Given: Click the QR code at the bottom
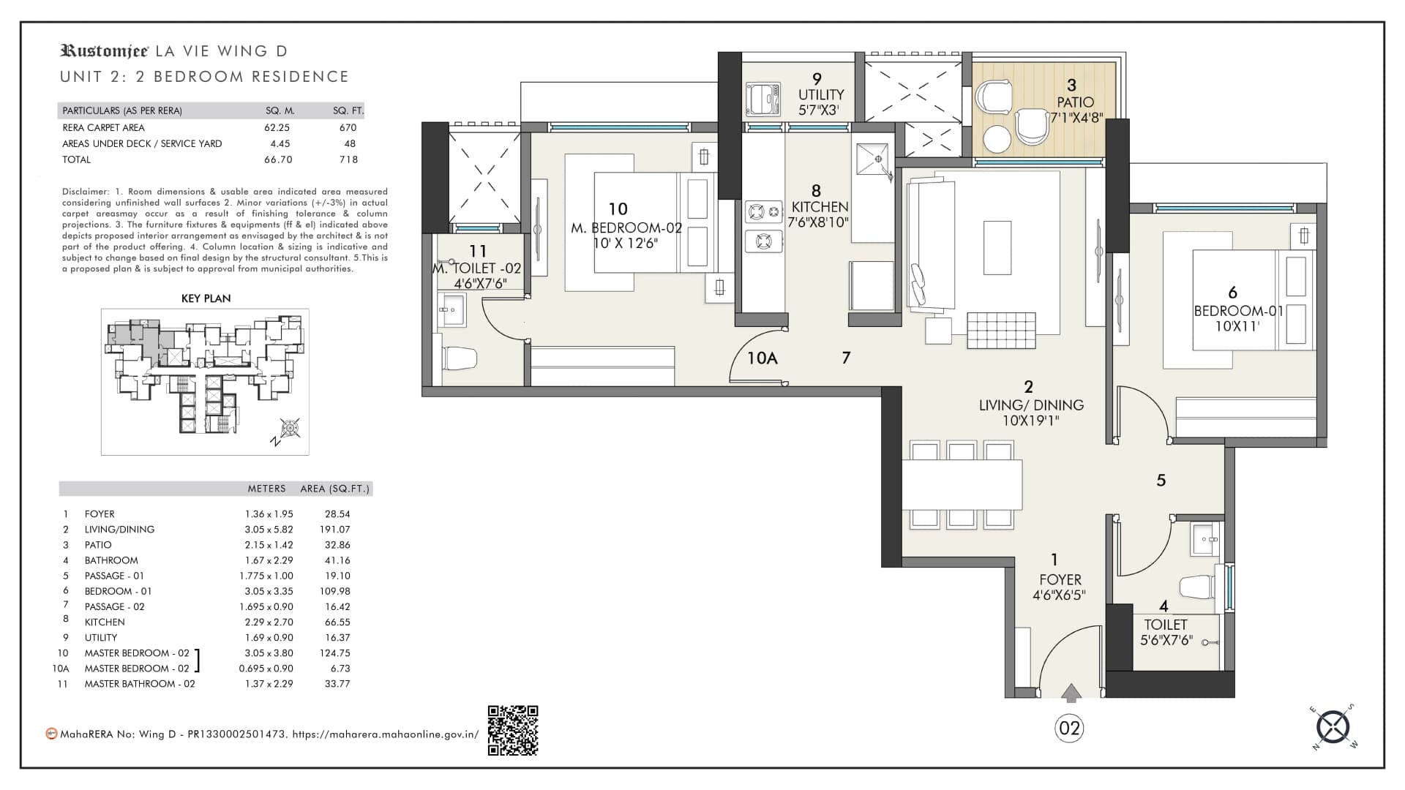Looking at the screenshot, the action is (x=513, y=730).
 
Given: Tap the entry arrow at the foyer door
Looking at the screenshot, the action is (x=1071, y=693).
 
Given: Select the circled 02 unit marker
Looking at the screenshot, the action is (x=1069, y=728).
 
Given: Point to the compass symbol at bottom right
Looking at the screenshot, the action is (x=1333, y=728).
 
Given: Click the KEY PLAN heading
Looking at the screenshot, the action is (x=206, y=298).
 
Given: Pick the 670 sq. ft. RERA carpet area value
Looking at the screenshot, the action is (x=348, y=127).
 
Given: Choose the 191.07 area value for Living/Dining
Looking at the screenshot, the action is (x=337, y=530).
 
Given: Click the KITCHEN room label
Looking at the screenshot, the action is (x=820, y=207).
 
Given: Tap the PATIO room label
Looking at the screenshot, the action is (x=1075, y=102).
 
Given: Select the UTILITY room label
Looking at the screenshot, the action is (x=821, y=95).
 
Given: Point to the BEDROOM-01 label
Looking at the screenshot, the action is (x=1238, y=311).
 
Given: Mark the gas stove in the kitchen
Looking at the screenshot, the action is (x=764, y=226).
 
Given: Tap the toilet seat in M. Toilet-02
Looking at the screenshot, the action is (x=459, y=358).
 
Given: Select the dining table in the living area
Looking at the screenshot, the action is (x=962, y=484).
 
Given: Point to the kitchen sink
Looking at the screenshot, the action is (x=874, y=159).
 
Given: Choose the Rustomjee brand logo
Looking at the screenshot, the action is (x=105, y=50).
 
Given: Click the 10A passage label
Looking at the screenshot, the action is (x=762, y=358).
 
